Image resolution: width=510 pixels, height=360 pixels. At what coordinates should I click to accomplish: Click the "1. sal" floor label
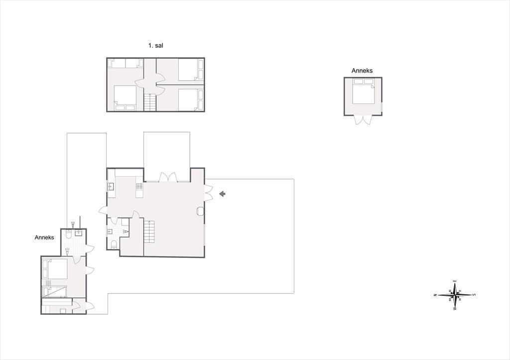coord(155,46)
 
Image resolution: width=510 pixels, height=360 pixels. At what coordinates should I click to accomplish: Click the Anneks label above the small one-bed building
coord(362,71)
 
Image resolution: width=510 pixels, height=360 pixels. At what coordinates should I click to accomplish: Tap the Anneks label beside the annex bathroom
coord(44,238)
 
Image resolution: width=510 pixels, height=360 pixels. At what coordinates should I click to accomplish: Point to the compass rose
coord(455,295)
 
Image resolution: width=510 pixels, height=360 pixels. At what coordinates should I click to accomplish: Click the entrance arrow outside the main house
coord(223,194)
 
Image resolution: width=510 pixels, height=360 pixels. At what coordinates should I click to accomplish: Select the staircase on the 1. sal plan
coord(150,102)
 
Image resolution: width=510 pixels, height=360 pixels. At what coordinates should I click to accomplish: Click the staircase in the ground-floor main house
coord(149,232)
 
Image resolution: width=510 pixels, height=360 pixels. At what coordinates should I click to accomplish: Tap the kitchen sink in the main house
coord(111,187)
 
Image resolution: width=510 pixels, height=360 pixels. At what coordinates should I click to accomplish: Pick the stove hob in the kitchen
coord(139,186)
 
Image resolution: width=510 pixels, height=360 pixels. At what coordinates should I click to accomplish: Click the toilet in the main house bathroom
coord(114,244)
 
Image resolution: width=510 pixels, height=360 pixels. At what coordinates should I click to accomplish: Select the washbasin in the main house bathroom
coord(110,232)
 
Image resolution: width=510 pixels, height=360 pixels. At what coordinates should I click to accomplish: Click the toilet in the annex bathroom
coord(69,234)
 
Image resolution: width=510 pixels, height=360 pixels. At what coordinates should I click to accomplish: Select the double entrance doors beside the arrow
coord(208,193)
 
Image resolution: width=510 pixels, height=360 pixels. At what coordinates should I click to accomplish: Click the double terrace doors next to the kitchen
coord(168,177)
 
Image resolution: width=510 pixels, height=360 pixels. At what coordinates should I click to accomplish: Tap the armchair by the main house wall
coord(200,212)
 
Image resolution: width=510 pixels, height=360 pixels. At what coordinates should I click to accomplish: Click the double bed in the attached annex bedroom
coord(55,268)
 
